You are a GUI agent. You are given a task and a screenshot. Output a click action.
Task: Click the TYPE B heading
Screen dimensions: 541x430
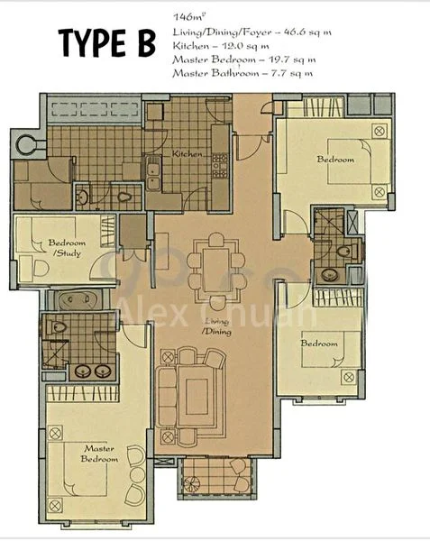106,42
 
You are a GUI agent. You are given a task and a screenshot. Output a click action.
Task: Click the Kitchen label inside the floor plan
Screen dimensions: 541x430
187,154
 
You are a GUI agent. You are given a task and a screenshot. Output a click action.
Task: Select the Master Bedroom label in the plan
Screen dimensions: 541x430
101,453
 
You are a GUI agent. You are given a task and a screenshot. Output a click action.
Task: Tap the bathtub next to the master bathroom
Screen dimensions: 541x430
79,299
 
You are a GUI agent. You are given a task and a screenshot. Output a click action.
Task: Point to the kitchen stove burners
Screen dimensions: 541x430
218,163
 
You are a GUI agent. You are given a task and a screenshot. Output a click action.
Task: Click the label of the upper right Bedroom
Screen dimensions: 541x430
335,160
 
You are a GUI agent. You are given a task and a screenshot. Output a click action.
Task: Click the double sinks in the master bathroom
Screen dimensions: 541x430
83,370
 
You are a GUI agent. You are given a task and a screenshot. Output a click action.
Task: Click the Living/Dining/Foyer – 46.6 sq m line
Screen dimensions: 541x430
249,32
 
